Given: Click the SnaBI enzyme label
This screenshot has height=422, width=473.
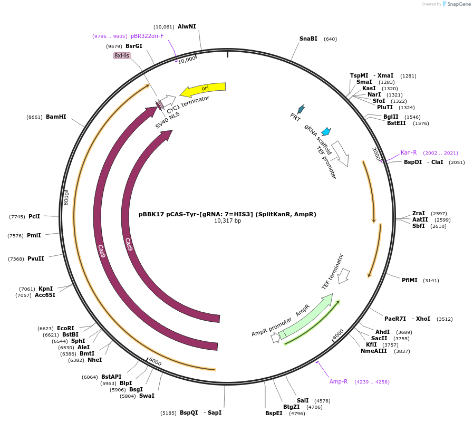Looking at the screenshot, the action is point(308,39).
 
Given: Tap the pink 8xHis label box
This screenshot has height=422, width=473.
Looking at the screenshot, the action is point(122,55).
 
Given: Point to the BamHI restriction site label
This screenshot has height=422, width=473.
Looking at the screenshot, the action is point(56,117).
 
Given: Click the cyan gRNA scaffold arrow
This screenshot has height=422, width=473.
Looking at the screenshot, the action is point(326,131).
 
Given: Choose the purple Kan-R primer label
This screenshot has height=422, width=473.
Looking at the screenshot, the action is point(409,152).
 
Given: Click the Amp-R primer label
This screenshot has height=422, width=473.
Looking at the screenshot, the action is point(339,381).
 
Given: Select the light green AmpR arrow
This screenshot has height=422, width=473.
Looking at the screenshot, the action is point(308,317).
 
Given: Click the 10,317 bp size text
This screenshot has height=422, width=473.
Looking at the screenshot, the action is point(227,221).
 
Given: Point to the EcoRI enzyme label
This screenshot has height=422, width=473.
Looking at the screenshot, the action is point(65,328).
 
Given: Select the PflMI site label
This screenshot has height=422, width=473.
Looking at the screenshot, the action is point(409,280).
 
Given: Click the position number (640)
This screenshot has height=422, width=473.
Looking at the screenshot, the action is point(330,39).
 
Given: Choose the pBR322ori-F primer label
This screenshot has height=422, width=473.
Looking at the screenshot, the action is point(147,36).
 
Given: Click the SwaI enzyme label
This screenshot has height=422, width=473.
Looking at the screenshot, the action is point(147,396).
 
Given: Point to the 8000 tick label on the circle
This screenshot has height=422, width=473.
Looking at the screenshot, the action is point(66,198).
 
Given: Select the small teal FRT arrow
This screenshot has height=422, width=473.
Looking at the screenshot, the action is point(301,109).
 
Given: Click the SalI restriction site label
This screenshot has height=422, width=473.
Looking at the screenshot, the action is point(303,400).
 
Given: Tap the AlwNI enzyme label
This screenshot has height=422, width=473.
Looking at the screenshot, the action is point(187,26).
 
